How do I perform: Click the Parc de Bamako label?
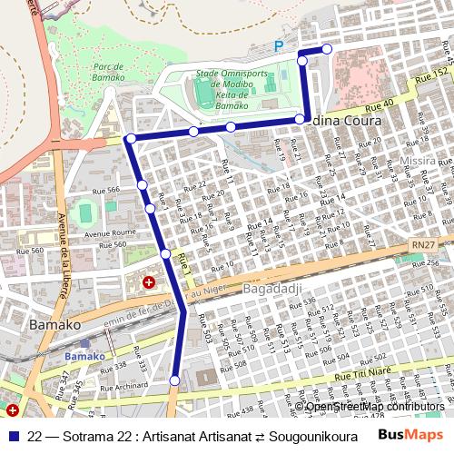[108, 72]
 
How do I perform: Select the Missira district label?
[419, 160]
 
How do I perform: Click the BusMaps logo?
[411, 435]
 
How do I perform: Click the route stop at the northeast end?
[327, 49]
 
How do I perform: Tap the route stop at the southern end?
[175, 380]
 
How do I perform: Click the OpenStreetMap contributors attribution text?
[375, 406]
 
